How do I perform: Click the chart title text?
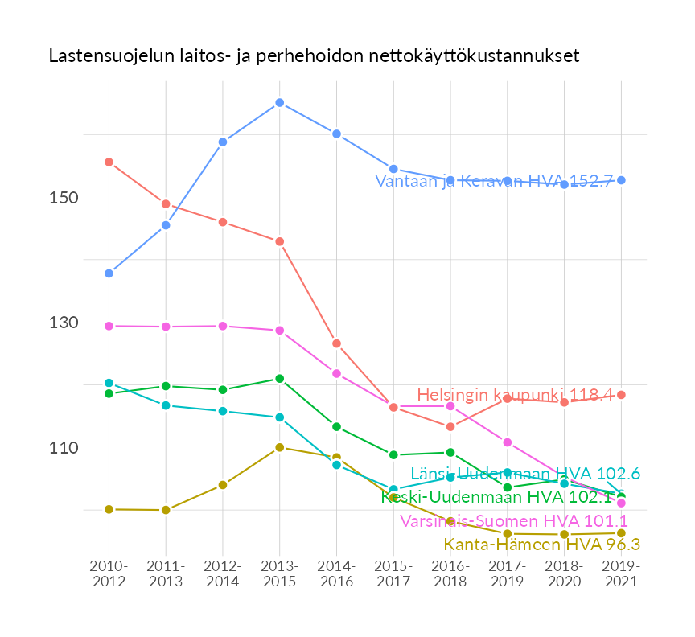point(314,56)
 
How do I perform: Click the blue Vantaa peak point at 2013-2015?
point(279,103)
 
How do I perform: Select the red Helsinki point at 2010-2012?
point(109,162)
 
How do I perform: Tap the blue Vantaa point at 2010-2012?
point(109,273)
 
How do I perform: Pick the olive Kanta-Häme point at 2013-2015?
point(279,447)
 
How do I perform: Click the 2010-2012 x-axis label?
point(109,575)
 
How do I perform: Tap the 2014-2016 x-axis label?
point(336,575)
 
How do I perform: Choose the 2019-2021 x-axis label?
point(621,575)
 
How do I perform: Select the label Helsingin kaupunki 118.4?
point(515,395)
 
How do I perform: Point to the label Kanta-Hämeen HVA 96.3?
point(541,545)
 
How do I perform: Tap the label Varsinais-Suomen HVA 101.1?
point(514,520)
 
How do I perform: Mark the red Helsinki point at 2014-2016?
point(336,343)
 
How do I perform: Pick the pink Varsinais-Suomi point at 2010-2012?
point(109,326)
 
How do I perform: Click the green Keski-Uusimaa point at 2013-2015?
point(279,379)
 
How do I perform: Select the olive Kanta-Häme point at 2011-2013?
point(166,510)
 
